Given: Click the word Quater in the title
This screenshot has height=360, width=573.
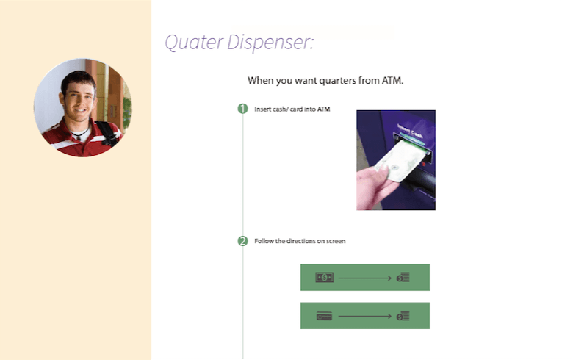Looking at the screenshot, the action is tap(194, 43).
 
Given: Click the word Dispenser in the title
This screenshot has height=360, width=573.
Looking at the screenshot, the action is tap(270, 43).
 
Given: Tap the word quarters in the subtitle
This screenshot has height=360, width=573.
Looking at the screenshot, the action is tap(337, 81).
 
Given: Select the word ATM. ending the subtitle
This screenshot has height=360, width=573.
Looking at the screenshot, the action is tap(392, 80).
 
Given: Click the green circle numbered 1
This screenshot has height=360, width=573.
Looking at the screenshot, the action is tap(242, 109).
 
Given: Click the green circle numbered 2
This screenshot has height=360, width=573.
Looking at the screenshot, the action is tap(242, 241).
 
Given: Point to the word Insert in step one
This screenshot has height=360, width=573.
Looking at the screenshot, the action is tap(262, 109).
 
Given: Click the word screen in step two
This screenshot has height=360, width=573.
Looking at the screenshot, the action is tap(336, 241).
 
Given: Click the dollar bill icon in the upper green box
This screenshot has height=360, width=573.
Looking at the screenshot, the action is tap(325, 278).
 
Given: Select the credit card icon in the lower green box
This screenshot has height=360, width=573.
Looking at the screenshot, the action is tap(324, 316).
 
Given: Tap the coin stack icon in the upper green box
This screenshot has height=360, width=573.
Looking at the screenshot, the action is tap(403, 278).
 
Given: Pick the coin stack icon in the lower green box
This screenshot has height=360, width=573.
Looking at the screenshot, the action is tap(403, 316).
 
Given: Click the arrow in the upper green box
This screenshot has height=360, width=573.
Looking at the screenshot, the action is tap(364, 278).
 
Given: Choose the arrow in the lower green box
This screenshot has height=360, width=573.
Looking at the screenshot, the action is tap(364, 316).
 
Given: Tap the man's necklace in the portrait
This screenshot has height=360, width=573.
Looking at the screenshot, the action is tap(79, 134).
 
